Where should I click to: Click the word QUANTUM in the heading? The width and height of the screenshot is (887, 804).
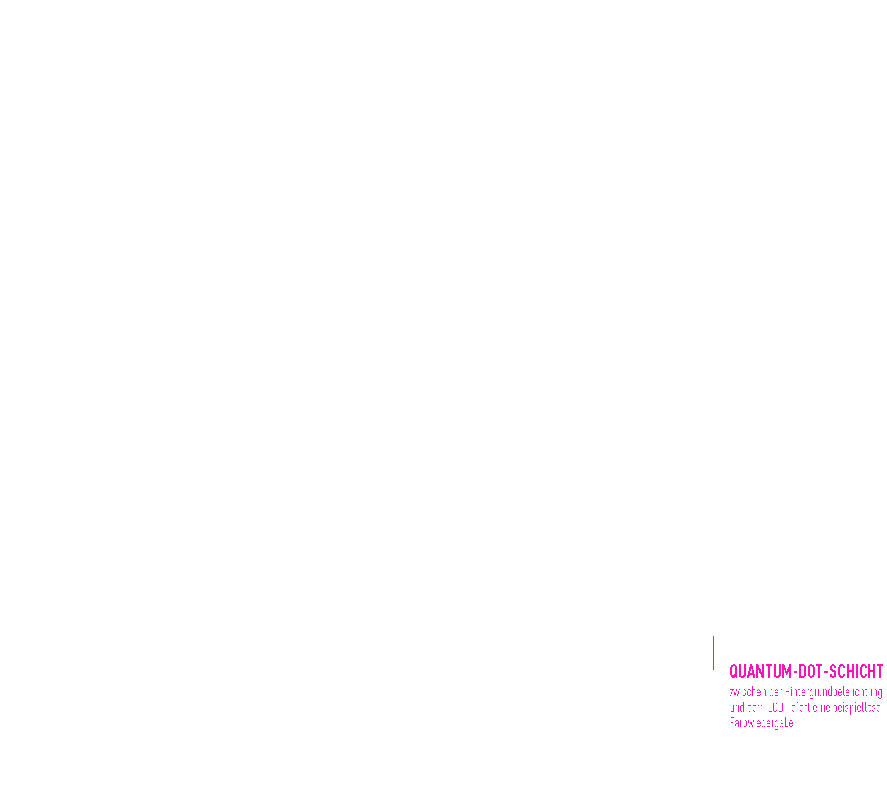coord(761,672)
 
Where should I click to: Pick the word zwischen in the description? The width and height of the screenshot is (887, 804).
coord(748,692)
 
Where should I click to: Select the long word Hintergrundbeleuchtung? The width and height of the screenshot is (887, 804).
coord(833,693)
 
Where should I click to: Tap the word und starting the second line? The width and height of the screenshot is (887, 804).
coord(737,708)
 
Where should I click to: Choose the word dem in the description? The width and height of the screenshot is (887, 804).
coord(756,708)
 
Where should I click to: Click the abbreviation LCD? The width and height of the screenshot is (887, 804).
coord(776,708)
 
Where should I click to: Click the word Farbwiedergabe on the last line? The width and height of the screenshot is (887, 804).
coord(762,723)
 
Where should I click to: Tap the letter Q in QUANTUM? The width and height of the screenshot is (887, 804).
coord(734,672)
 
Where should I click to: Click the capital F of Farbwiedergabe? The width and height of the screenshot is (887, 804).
coord(732,723)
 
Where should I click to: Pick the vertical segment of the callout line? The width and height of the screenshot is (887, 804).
coord(713,653)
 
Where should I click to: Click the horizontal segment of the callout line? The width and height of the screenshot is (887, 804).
coord(719,670)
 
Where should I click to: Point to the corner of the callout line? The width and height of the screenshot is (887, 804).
coord(713,670)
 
